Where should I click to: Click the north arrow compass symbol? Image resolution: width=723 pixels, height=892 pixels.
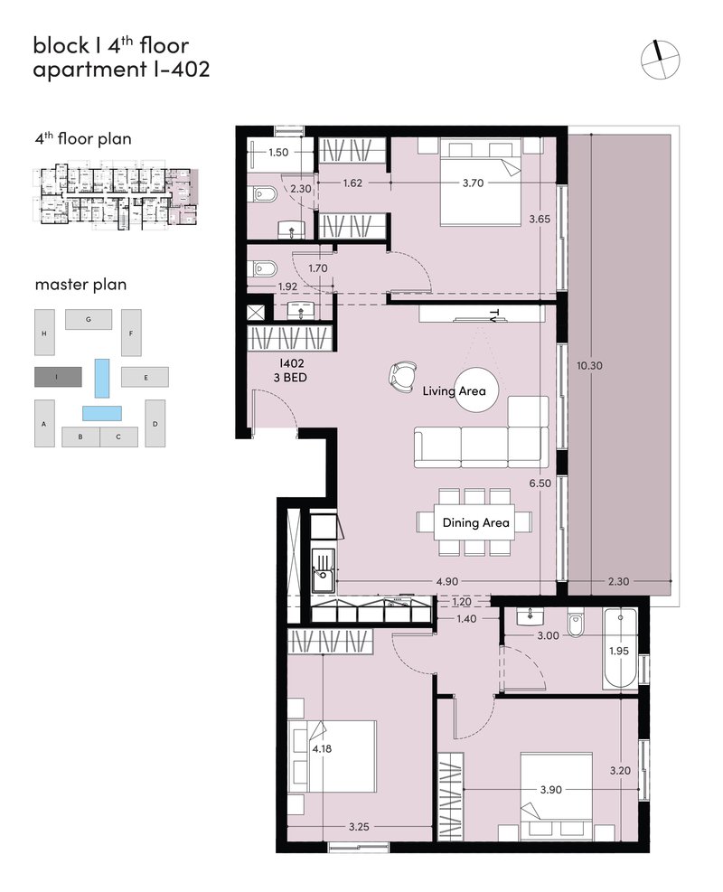click(660, 59)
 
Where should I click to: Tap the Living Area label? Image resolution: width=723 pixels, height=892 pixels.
click(454, 390)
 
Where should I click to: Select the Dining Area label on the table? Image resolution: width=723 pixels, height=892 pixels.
click(475, 522)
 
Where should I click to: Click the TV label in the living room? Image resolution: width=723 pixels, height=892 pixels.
click(493, 316)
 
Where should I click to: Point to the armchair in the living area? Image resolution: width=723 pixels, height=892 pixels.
click(402, 377)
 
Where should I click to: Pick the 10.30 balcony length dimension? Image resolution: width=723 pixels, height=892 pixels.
click(589, 365)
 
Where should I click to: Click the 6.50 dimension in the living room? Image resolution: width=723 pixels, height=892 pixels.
click(540, 483)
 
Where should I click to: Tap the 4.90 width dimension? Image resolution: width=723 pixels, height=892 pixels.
click(446, 581)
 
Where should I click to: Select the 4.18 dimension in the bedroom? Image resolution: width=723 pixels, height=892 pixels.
click(322, 748)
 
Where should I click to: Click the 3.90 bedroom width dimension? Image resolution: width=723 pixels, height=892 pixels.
click(550, 790)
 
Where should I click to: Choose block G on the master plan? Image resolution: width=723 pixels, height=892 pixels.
click(89, 319)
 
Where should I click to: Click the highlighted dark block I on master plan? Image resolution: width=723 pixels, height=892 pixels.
click(58, 377)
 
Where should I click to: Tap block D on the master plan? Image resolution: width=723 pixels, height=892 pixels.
click(155, 423)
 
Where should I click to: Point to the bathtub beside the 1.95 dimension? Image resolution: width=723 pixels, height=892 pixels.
click(619, 649)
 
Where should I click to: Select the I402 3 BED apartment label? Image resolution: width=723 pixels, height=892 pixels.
click(291, 370)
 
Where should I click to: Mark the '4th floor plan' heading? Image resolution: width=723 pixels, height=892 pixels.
click(83, 139)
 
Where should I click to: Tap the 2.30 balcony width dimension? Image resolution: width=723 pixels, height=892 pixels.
click(618, 581)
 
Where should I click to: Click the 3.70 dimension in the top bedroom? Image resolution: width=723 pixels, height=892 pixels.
click(473, 183)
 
